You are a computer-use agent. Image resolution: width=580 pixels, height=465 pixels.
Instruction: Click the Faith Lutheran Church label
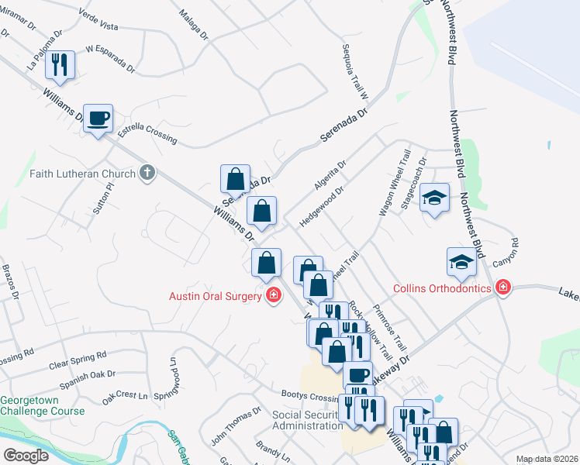coord(83,174)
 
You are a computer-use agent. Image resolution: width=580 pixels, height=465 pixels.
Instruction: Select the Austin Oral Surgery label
coord(217,295)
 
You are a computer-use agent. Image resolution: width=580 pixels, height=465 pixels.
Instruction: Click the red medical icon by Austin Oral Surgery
coord(273,295)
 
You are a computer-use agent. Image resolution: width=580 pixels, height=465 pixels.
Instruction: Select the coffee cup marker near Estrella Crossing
coord(98,119)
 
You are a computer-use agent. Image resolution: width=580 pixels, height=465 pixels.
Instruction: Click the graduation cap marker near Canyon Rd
coord(461,261)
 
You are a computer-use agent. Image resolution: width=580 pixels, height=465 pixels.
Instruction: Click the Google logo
coord(26,456)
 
